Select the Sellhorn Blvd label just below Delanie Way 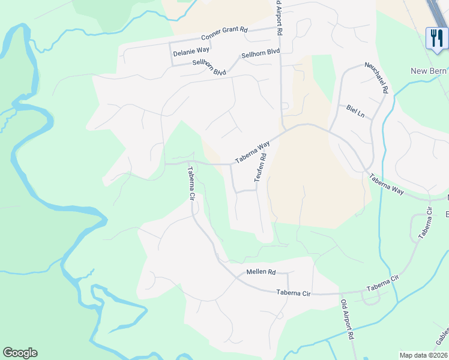point(209,68)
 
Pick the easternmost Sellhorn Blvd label point(261,54)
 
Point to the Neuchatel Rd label point(377,78)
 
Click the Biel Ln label point(355,112)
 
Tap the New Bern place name point(429,71)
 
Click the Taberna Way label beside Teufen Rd point(253,152)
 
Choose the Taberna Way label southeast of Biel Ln point(387,184)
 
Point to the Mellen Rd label point(261,272)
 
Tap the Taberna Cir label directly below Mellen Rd point(294,293)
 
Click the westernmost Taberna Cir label point(191,182)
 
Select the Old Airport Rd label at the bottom point(348,320)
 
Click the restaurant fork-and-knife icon point(435,38)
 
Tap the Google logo point(20,353)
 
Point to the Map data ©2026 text point(423,355)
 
